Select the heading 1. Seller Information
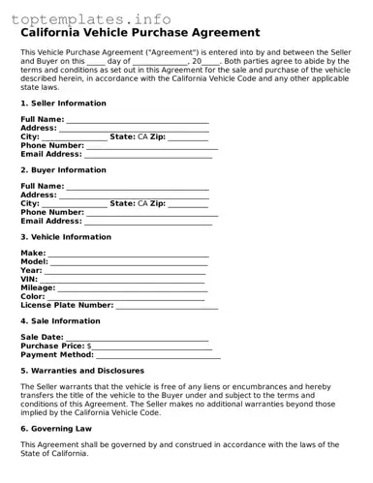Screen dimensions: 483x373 click(x=64, y=103)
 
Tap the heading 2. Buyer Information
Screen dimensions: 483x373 click(x=63, y=169)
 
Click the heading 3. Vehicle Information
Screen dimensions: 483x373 click(x=65, y=236)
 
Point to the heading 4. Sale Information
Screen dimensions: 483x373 click(x=60, y=320)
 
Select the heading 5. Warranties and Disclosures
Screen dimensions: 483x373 click(x=82, y=371)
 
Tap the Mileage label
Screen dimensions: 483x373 click(x=38, y=287)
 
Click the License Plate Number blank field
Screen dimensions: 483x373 click(x=167, y=306)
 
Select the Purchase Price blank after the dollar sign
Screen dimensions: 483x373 click(x=151, y=346)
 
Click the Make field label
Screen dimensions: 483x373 click(x=32, y=252)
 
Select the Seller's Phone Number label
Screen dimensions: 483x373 click(x=52, y=145)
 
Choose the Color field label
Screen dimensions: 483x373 click(x=33, y=296)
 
